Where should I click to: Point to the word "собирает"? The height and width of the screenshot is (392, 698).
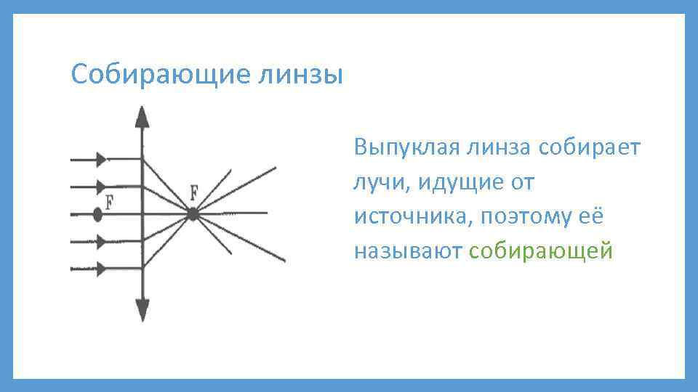pos(590,148)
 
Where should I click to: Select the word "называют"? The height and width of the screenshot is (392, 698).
pos(408,251)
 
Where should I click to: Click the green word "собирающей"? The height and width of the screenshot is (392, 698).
pos(542,251)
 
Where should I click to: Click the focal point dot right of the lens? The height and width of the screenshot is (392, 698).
pos(193,214)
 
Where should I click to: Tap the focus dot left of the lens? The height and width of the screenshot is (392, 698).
pos(97,214)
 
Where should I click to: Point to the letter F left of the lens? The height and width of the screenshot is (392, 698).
pos(109,201)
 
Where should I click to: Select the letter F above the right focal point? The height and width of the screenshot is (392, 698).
pos(193,193)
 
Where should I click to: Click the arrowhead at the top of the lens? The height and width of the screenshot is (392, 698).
pos(142,117)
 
